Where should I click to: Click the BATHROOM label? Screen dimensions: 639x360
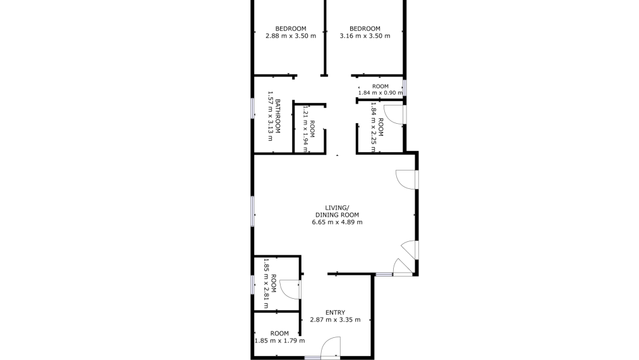(278, 116)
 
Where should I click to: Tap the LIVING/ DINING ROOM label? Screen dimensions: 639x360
(337, 212)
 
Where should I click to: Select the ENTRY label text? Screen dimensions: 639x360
(336, 313)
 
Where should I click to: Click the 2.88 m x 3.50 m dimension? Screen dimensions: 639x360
(291, 36)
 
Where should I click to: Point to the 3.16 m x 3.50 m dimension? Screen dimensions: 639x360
(365, 36)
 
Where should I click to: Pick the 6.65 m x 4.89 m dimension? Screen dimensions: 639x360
(337, 222)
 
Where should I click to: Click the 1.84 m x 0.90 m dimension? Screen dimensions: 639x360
(380, 93)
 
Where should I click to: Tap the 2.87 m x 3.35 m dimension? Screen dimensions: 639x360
(336, 320)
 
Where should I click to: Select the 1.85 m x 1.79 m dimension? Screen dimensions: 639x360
(279, 341)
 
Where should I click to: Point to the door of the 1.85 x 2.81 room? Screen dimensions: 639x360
(290, 289)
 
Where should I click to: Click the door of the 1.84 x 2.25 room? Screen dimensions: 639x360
(394, 114)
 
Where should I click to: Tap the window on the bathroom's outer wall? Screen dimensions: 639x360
(253, 109)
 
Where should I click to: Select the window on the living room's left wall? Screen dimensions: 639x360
(253, 211)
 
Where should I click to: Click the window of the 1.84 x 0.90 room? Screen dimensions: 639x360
(405, 88)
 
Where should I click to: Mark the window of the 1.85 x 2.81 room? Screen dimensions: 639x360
(253, 285)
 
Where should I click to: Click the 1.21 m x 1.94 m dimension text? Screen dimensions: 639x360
(305, 129)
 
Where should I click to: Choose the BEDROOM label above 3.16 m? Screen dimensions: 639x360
(365, 28)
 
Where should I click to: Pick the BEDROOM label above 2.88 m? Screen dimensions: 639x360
(291, 28)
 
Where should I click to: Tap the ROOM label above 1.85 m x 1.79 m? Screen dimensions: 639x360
(279, 333)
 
